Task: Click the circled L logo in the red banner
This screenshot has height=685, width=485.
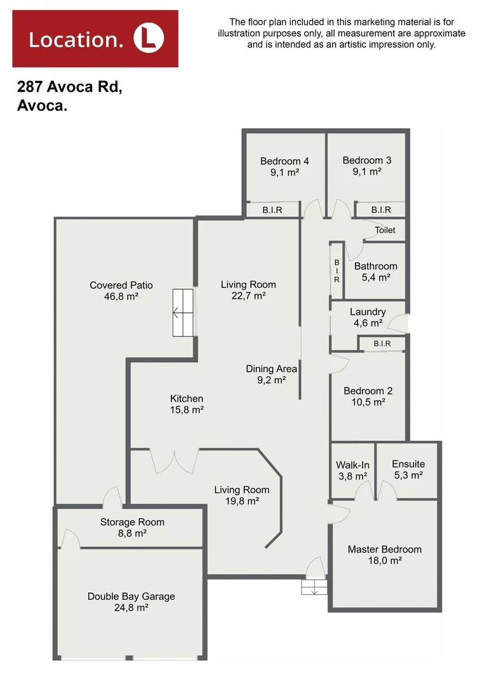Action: coord(149,39)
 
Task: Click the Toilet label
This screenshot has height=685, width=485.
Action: coord(385,230)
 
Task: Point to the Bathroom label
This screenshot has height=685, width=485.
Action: coord(376,266)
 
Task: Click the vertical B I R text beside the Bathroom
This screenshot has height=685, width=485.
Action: coord(336,271)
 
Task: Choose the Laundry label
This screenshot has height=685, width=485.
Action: coord(368,312)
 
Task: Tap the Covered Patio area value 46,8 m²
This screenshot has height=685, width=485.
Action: coord(121,297)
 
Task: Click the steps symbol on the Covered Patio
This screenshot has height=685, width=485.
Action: coord(183,313)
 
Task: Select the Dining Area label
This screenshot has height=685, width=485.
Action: coord(272,369)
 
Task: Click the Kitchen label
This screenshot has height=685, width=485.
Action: coord(187,398)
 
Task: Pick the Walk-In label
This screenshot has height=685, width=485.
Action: coord(352,465)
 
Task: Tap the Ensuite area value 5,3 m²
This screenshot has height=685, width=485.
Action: coord(408,475)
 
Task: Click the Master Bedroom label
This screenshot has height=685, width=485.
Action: coord(384,549)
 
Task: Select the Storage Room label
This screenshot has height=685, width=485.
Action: coord(132,522)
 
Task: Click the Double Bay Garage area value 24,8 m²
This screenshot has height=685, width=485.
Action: coord(131,608)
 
